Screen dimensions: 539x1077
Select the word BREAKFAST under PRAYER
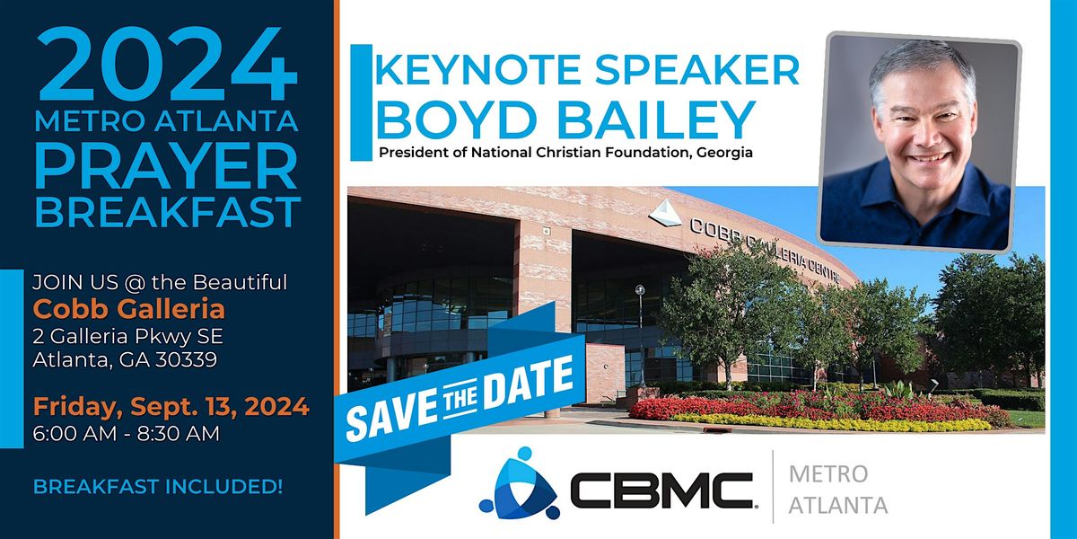click(167, 213)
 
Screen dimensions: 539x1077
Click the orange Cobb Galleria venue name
click(129, 309)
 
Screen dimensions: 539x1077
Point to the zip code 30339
click(185, 361)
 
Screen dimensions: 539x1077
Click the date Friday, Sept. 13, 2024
click(171, 406)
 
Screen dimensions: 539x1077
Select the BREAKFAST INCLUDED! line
click(158, 488)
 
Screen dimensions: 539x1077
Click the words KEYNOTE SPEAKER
click(589, 69)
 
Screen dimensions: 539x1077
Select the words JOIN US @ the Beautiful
click(160, 283)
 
